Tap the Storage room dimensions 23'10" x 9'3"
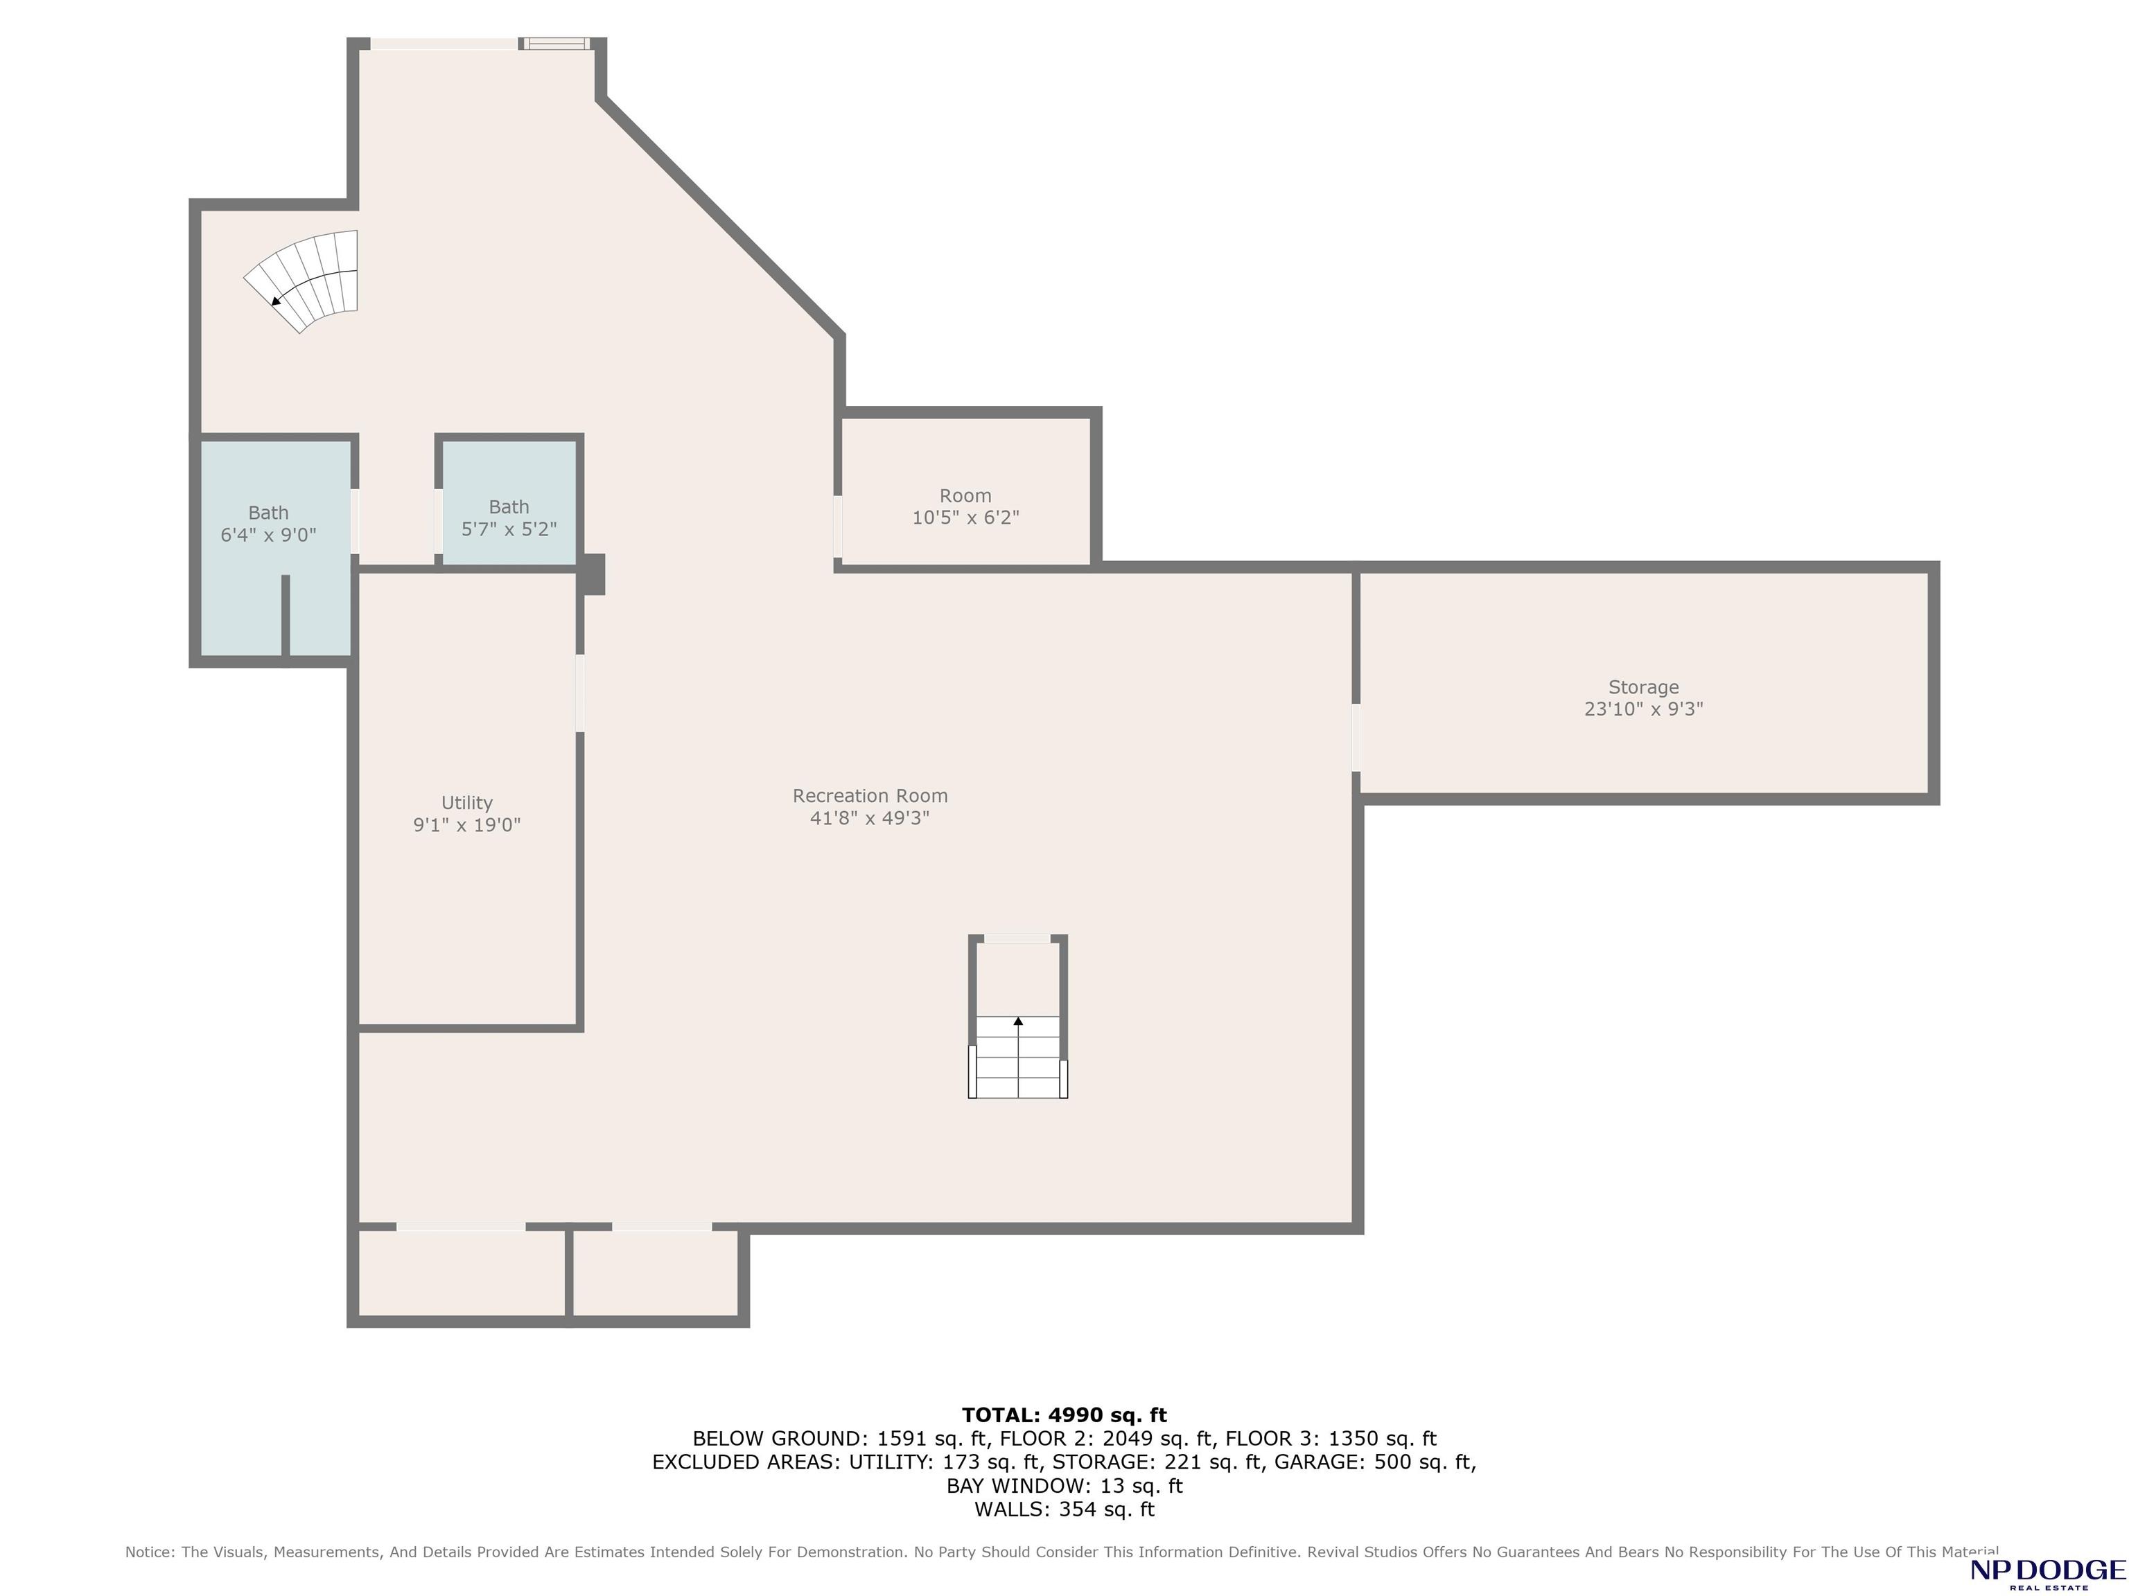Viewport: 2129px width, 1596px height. (x=1644, y=709)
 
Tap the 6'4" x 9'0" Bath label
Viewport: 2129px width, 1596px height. (x=268, y=524)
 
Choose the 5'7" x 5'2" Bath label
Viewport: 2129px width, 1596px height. (x=509, y=517)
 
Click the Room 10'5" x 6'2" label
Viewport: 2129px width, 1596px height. (x=965, y=507)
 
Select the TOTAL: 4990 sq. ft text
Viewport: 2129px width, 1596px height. (x=1064, y=1415)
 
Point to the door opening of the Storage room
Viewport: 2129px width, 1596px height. (x=1356, y=738)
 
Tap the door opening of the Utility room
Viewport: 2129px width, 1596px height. (x=579, y=693)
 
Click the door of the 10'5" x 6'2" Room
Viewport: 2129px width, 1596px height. (x=837, y=526)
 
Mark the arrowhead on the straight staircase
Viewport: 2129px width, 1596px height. (x=1018, y=1021)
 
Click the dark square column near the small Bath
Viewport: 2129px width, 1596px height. (x=591, y=574)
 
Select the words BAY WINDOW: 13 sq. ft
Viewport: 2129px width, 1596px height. (x=1064, y=1485)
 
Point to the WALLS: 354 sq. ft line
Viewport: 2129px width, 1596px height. (x=1064, y=1509)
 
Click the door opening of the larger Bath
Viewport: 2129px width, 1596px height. (x=355, y=522)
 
